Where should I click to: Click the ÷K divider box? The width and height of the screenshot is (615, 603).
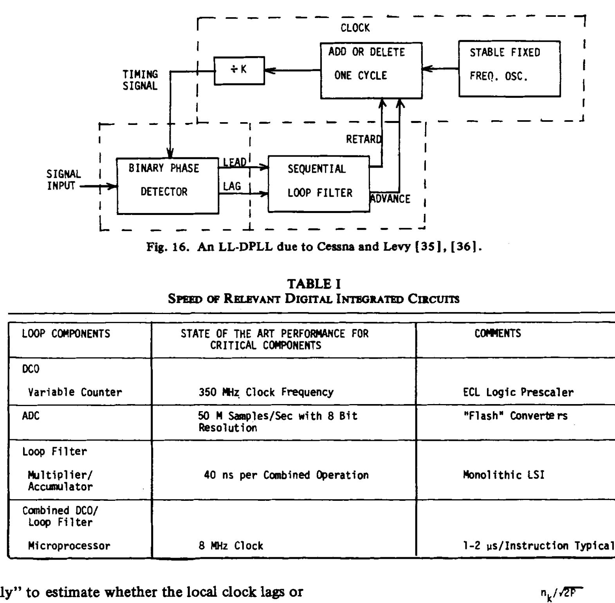click(x=239, y=70)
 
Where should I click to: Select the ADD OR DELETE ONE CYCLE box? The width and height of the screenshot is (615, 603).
click(x=371, y=70)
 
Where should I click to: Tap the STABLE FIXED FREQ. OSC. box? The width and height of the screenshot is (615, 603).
click(x=509, y=69)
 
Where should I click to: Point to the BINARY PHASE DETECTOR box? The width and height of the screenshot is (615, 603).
click(x=168, y=186)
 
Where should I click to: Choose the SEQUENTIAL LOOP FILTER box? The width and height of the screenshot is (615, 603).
click(x=319, y=184)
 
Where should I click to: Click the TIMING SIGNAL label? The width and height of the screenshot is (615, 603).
click(x=140, y=80)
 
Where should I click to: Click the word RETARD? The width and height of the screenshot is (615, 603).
click(x=363, y=139)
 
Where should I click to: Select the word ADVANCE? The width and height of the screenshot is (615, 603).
click(x=390, y=199)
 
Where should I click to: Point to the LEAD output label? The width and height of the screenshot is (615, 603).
click(x=234, y=162)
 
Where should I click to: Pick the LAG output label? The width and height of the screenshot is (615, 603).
click(x=232, y=186)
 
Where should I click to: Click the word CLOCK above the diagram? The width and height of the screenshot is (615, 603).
click(x=355, y=28)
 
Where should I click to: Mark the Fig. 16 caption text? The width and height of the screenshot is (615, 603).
click(x=314, y=247)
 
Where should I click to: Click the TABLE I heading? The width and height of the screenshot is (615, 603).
click(x=314, y=283)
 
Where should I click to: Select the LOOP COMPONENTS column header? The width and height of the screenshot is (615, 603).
click(x=66, y=334)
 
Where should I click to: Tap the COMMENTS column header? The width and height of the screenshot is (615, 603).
click(x=498, y=333)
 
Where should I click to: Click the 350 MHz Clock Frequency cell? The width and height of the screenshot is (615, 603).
click(x=266, y=392)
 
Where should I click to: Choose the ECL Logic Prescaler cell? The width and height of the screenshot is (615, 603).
click(x=518, y=392)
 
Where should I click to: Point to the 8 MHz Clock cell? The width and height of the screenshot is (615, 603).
click(x=231, y=545)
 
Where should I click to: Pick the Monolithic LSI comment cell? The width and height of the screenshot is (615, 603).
click(x=503, y=475)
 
